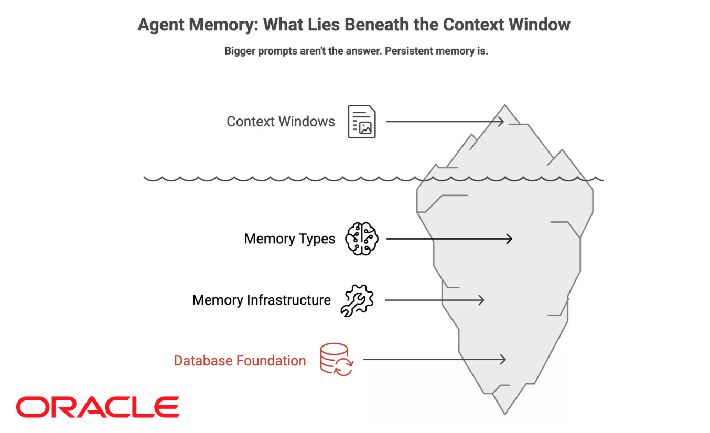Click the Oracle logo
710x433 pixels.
(98, 407)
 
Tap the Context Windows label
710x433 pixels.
(281, 122)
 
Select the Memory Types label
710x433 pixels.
(289, 239)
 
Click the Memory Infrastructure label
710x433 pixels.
(261, 300)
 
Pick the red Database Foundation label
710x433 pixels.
(240, 361)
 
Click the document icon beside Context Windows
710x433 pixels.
(362, 122)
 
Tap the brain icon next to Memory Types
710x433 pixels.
(361, 239)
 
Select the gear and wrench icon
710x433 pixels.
(357, 300)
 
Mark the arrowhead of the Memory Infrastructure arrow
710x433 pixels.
(481, 300)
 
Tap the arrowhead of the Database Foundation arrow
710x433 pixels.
(503, 359)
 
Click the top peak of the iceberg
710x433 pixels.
(505, 106)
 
